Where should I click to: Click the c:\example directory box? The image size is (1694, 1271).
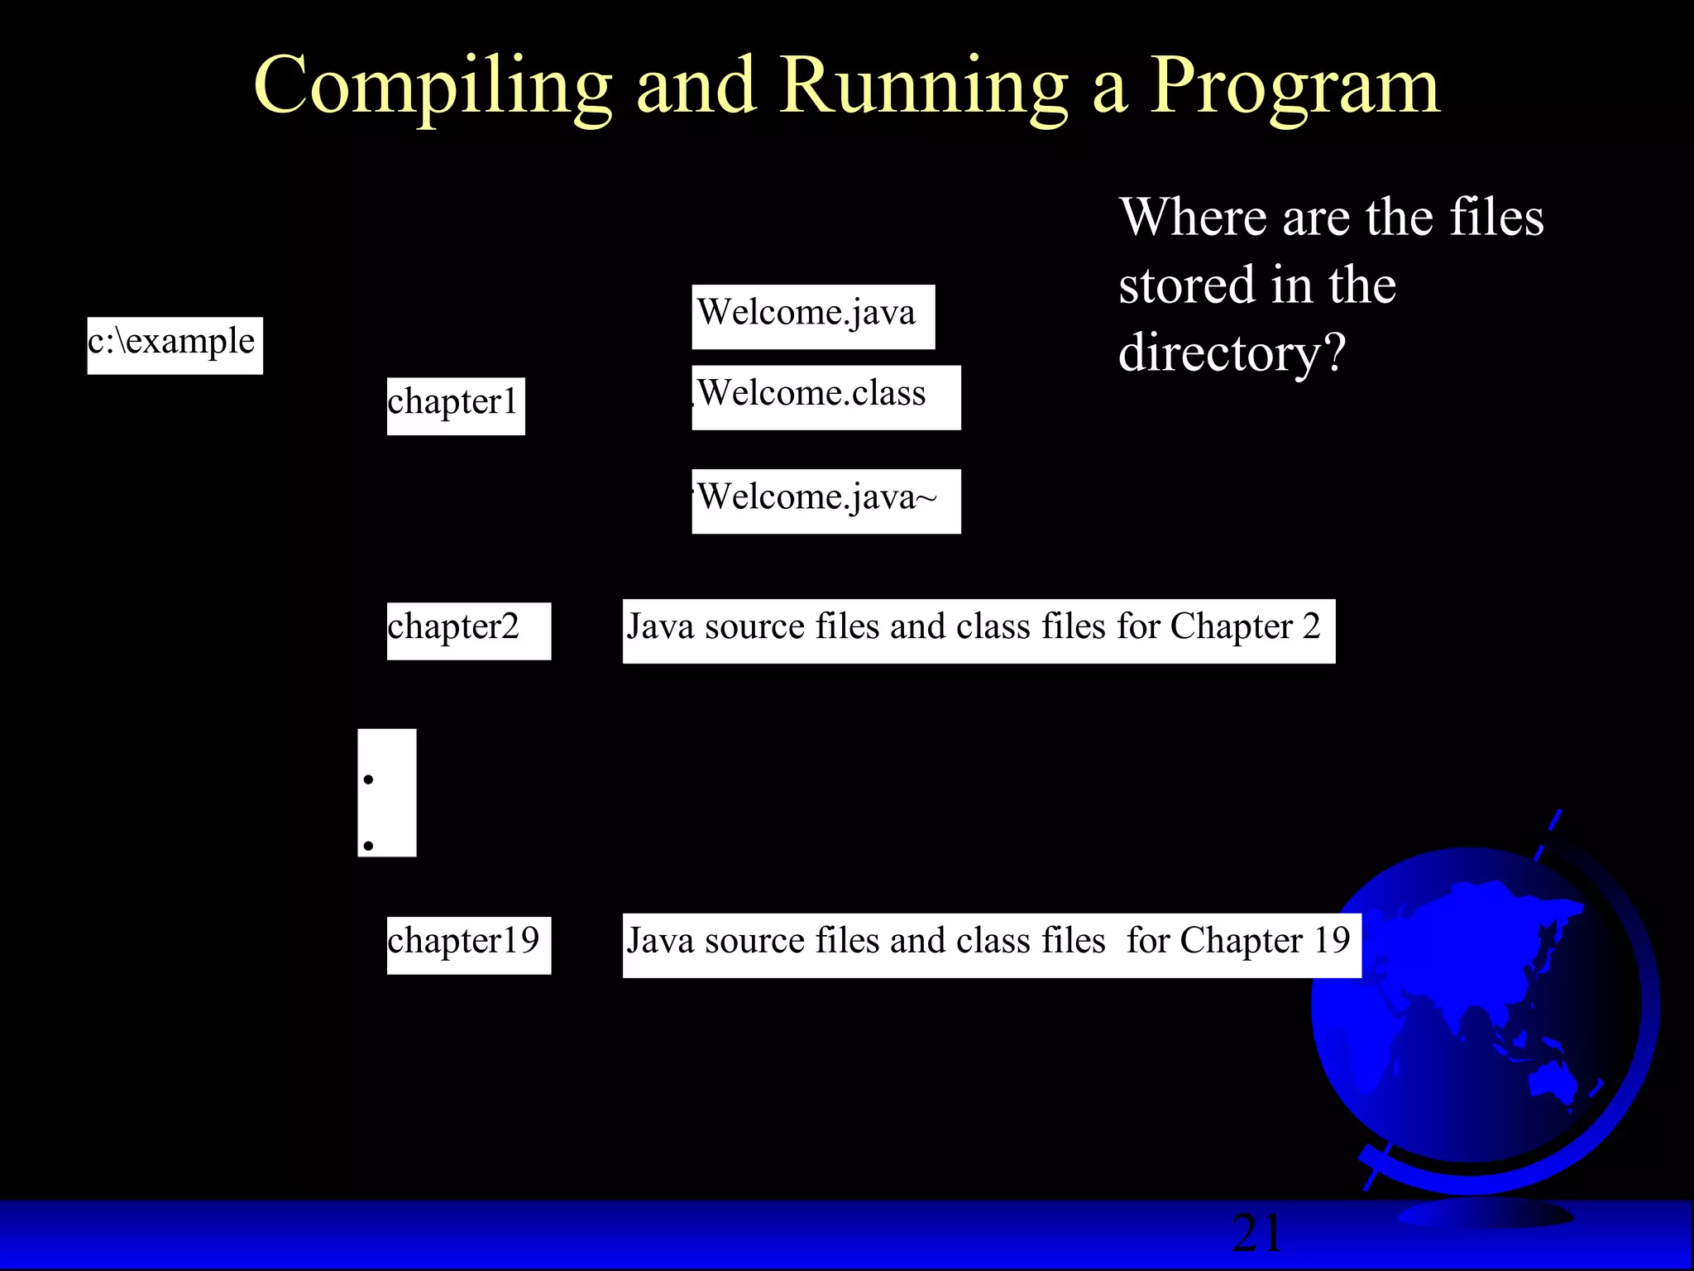tap(175, 345)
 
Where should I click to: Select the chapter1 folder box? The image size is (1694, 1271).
tap(455, 405)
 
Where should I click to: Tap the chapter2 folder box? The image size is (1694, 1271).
tap(468, 631)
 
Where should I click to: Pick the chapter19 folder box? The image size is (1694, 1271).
tap(468, 944)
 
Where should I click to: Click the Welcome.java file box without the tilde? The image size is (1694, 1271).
tap(813, 316)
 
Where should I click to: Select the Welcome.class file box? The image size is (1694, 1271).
tap(825, 397)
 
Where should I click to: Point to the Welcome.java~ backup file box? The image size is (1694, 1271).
tap(825, 501)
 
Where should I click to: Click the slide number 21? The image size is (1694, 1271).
tap(1256, 1234)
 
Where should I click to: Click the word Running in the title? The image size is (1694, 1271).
tap(923, 86)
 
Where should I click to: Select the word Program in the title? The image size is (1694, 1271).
tap(1294, 88)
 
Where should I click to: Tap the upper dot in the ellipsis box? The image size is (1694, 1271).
tap(369, 779)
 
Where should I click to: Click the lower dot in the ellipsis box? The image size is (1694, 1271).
tap(369, 846)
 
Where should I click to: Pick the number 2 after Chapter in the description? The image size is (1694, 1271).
tap(1311, 627)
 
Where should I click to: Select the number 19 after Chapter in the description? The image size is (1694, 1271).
tap(1332, 941)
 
